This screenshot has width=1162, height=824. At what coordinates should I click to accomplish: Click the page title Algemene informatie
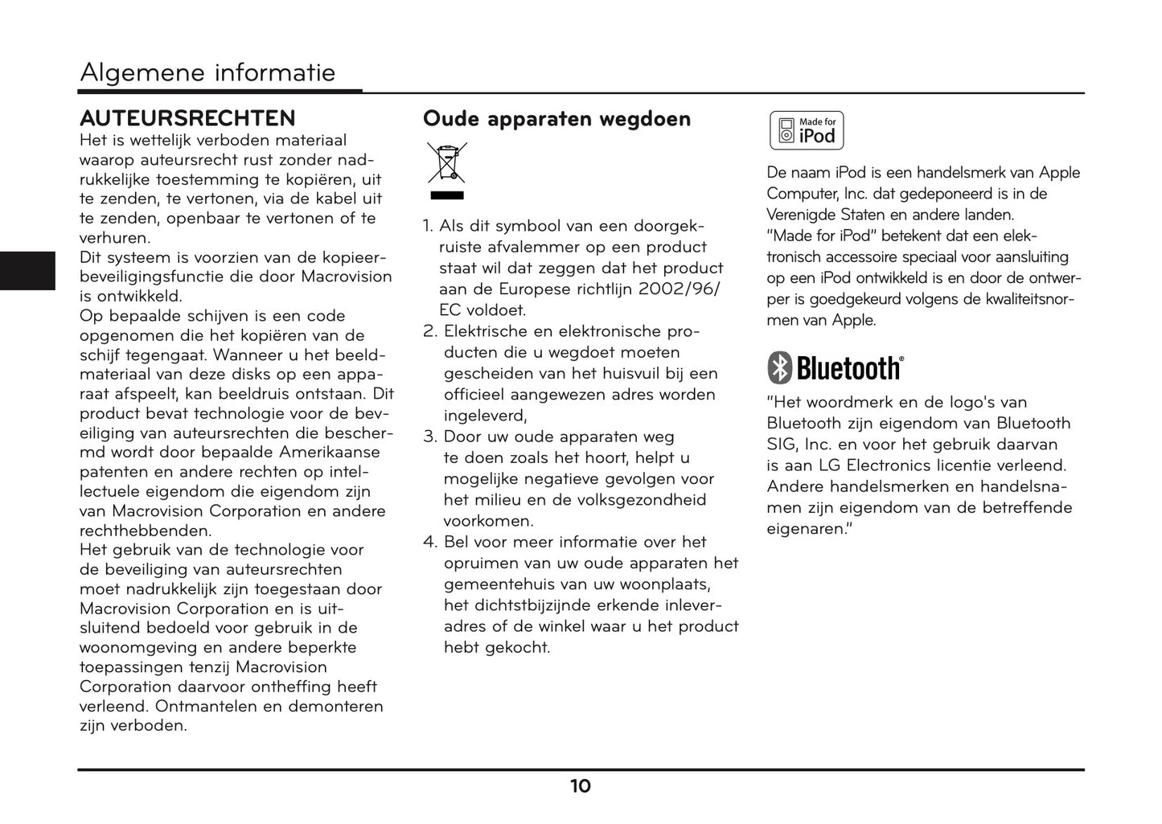pos(207,73)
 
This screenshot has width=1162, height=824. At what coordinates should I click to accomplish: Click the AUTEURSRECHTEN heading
pos(187,118)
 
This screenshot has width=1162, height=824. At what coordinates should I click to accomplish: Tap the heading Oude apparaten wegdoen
pos(556,119)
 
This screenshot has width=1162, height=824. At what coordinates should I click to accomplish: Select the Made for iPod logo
pos(807,131)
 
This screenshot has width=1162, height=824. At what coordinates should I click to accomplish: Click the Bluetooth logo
pos(836,368)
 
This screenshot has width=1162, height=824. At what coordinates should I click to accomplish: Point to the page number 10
pos(581,786)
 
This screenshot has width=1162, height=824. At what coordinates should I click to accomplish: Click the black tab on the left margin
pos(27,270)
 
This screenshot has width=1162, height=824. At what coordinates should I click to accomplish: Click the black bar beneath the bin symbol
pos(447,195)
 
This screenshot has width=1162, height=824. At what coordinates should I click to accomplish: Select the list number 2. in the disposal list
pos(430,331)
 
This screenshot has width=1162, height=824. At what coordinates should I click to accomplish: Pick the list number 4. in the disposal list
pos(430,542)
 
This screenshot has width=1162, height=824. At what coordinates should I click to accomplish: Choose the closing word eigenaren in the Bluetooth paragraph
pos(807,529)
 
